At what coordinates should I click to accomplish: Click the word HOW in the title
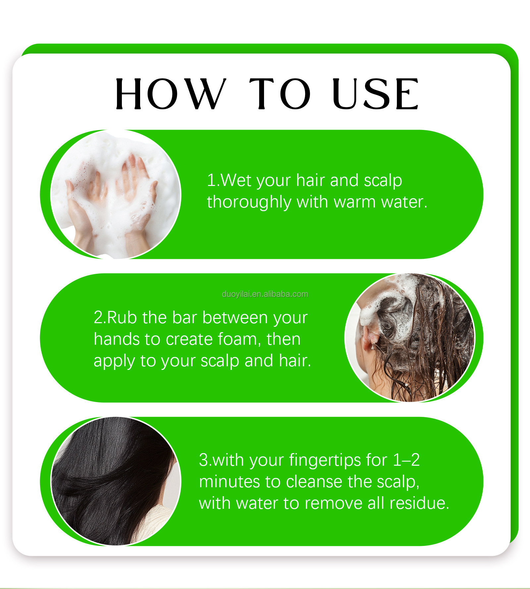[x=171, y=94]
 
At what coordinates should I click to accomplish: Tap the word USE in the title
[x=376, y=94]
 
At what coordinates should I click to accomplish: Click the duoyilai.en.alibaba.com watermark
[x=265, y=294]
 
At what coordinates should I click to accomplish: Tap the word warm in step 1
[x=354, y=202]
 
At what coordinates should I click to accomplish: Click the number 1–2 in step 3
[x=406, y=460]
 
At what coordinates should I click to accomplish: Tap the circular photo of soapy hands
[x=116, y=194]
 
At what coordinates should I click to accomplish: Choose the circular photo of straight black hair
[x=116, y=481]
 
